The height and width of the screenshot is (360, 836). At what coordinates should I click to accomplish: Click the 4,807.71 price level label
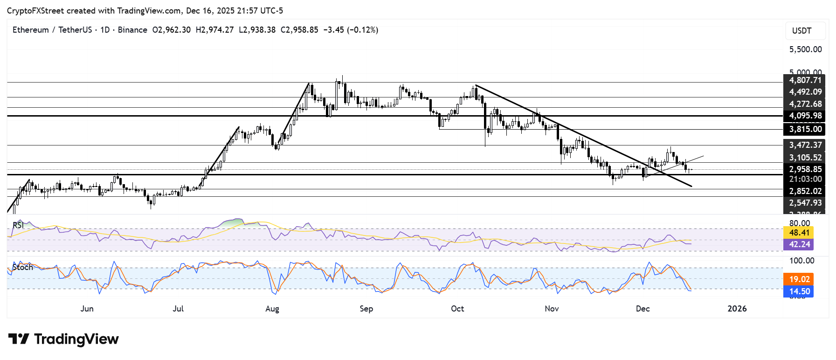click(x=805, y=80)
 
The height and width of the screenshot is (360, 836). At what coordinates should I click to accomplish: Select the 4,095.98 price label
click(x=805, y=116)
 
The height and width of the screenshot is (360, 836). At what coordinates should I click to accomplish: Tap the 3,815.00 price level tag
click(x=805, y=129)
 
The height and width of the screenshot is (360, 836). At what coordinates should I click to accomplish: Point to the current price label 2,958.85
click(x=805, y=169)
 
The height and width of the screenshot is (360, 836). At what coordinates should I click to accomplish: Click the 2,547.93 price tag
click(x=805, y=203)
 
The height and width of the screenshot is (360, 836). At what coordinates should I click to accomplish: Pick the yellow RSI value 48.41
click(x=799, y=232)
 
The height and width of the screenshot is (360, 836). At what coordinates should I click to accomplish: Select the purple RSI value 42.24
click(x=799, y=244)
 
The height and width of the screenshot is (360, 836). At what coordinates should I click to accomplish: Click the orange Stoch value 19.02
click(x=799, y=279)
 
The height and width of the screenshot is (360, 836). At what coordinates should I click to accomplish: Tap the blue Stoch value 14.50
click(x=799, y=291)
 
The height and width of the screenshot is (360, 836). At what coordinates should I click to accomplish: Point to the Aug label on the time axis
click(x=272, y=309)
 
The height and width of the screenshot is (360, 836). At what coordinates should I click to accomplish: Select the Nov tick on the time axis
click(x=552, y=309)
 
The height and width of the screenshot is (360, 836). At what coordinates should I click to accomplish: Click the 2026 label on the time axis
click(x=737, y=309)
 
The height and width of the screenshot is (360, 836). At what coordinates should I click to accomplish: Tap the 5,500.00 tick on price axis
click(x=805, y=49)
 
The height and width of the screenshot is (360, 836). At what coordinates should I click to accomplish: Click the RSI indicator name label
click(x=18, y=225)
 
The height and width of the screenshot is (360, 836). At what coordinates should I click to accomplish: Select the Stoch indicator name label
click(x=22, y=267)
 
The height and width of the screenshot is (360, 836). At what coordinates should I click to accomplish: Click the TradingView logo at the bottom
click(x=63, y=339)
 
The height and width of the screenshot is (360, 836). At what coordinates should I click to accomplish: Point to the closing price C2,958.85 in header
click(x=299, y=30)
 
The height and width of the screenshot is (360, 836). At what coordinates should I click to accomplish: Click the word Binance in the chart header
click(x=132, y=30)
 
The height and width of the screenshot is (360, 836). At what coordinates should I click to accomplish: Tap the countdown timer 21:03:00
click(x=805, y=179)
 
